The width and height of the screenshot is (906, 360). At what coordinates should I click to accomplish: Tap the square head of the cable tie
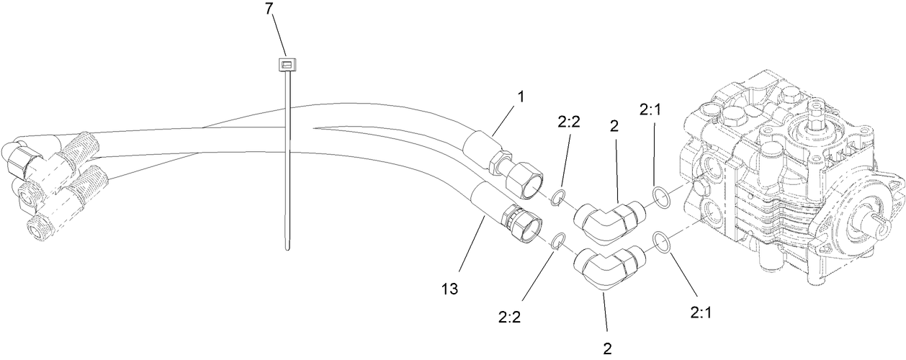[x=287, y=66]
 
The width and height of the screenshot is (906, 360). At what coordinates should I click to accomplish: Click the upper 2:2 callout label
[x=569, y=124]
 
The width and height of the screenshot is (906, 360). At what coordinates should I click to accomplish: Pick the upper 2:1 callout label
[x=653, y=110]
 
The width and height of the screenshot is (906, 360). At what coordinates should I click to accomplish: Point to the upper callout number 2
[x=614, y=126]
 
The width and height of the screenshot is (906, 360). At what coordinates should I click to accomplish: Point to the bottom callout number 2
[x=607, y=348]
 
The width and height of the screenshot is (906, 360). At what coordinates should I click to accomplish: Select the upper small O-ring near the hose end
[x=557, y=197]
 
